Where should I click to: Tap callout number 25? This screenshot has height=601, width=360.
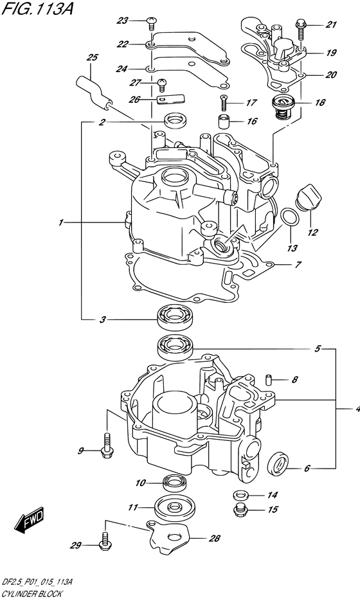[93, 58]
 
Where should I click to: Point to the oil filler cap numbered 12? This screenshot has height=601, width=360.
[308, 197]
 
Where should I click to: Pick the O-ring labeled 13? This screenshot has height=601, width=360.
[290, 217]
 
